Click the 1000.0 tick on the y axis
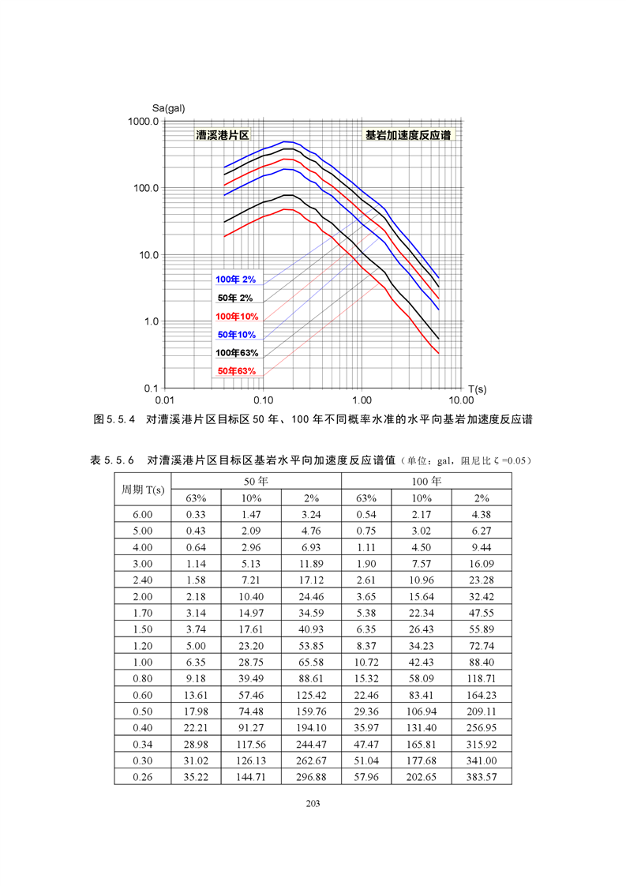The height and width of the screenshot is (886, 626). (x=143, y=122)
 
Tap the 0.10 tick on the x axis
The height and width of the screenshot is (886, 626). (x=263, y=400)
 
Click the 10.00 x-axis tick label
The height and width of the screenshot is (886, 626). (x=461, y=400)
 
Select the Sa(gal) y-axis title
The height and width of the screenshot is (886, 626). (x=169, y=107)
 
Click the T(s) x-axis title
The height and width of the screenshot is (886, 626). (x=476, y=389)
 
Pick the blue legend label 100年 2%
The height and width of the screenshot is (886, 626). (x=236, y=280)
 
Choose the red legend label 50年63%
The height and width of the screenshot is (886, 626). (x=236, y=371)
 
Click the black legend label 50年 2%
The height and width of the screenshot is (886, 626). (x=236, y=298)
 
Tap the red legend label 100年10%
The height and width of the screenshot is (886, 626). (x=236, y=316)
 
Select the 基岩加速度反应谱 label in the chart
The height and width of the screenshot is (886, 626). (x=407, y=135)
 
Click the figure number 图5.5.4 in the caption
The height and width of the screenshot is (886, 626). (x=116, y=419)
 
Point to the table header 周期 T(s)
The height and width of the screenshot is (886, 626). (x=143, y=489)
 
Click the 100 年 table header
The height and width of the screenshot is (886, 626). (x=426, y=480)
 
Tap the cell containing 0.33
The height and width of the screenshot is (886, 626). (x=196, y=514)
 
